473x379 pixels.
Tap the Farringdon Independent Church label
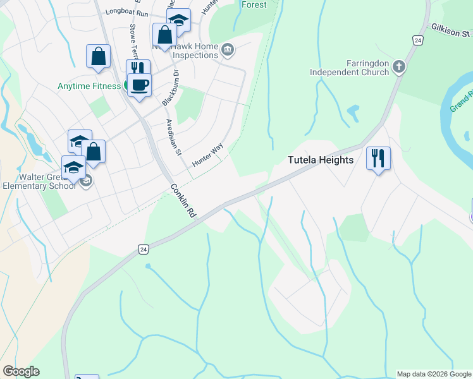pyautogui.click(x=349, y=68)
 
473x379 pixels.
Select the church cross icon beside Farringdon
pyautogui.click(x=398, y=65)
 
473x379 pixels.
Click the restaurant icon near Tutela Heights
pyautogui.click(x=378, y=158)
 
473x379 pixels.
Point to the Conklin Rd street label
pyautogui.click(x=182, y=201)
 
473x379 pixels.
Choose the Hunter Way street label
pyautogui.click(x=208, y=155)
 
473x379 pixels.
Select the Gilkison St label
pyautogui.click(x=452, y=30)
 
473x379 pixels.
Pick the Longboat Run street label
pyautogui.click(x=126, y=11)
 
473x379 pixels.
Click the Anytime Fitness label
pyautogui.click(x=89, y=86)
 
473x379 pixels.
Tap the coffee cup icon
pyautogui.click(x=140, y=85)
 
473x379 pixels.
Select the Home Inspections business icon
pyautogui.click(x=228, y=48)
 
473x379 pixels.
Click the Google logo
pyautogui.click(x=21, y=371)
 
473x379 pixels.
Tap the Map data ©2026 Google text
pyautogui.click(x=434, y=374)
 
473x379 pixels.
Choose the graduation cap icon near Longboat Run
pyautogui.click(x=178, y=20)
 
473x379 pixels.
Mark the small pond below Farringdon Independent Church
pyautogui.click(x=352, y=113)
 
